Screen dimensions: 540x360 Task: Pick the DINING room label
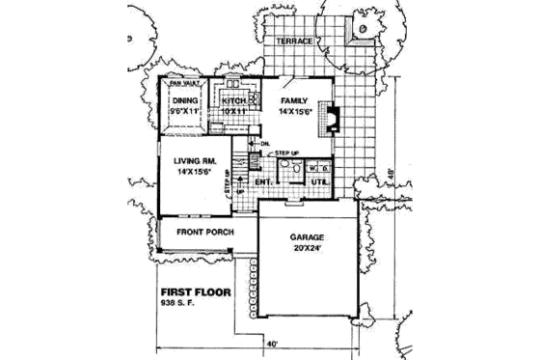[184, 99]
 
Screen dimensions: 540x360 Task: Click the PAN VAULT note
[183, 84]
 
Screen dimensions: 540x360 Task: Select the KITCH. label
[236, 99]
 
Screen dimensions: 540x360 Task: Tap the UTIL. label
[320, 180]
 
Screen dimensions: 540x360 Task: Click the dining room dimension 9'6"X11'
[183, 111]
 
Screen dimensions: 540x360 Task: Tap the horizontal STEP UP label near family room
[287, 153]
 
